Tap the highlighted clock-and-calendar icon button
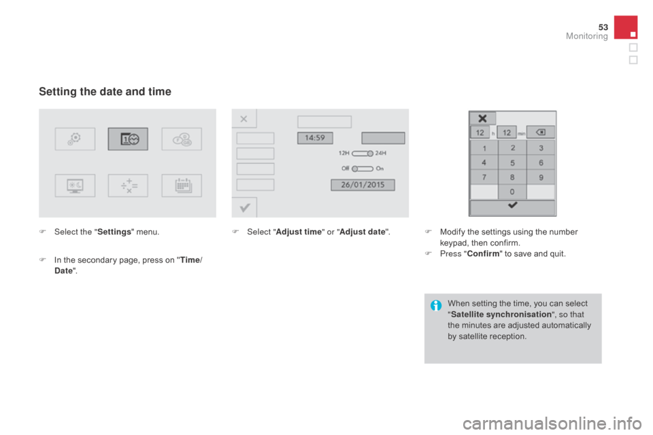click(128, 139)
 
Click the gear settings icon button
click(75, 139)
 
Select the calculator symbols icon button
click(128, 185)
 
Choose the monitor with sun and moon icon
click(75, 185)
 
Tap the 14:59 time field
click(315, 138)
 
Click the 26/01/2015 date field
click(362, 185)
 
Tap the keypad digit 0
click(513, 192)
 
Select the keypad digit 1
click(484, 148)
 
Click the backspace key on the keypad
click(541, 132)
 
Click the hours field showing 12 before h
click(480, 132)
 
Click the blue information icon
click(436, 307)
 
